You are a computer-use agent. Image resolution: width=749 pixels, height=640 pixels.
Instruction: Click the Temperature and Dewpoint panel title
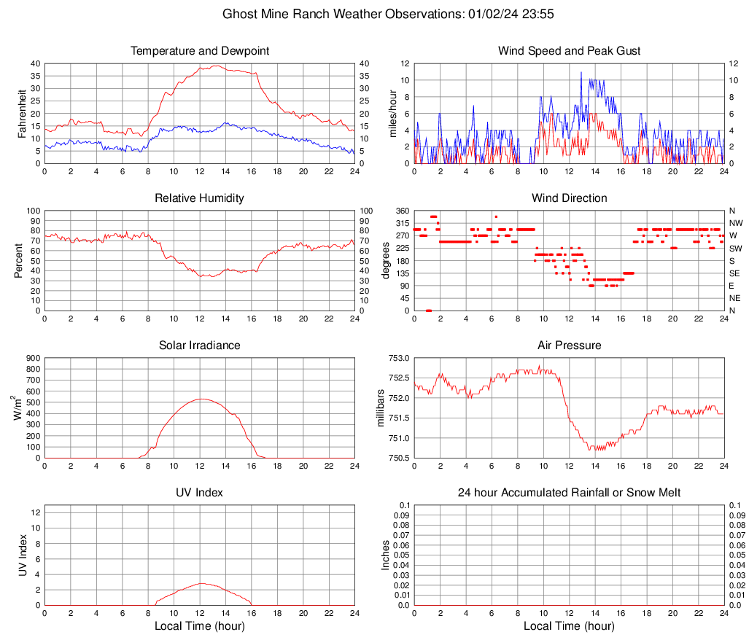click(200, 51)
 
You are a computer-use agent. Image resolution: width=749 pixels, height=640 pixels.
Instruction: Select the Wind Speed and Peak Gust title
click(570, 51)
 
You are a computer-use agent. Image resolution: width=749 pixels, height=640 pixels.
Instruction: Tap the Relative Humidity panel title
click(200, 198)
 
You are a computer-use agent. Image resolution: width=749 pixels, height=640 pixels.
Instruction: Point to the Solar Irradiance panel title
click(200, 346)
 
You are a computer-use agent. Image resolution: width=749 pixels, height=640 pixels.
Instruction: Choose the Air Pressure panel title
click(570, 346)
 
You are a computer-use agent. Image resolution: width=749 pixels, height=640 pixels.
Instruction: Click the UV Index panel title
click(200, 493)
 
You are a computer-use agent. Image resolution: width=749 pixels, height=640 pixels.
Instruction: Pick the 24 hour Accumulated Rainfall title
click(570, 493)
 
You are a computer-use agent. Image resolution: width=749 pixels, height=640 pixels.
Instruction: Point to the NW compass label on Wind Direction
click(736, 223)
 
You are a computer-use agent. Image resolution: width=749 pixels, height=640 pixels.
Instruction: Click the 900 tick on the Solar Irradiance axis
click(32, 358)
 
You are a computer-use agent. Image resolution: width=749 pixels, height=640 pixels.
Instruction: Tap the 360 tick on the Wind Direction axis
click(400, 211)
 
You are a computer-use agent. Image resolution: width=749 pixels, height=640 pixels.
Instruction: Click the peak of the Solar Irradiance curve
click(201, 399)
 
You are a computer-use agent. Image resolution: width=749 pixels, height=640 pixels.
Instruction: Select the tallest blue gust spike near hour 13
click(581, 72)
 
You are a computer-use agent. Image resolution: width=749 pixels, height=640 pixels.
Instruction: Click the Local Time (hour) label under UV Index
click(200, 626)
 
